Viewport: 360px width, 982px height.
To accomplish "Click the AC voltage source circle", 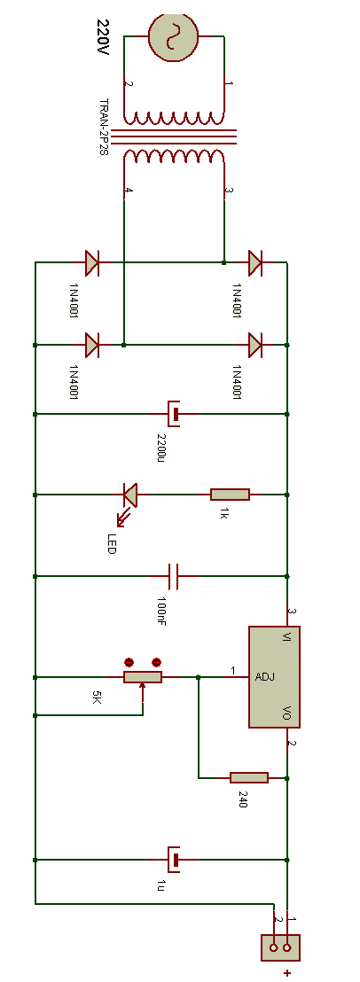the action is pos(174,37).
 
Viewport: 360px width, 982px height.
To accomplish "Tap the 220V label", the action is pos(103,35).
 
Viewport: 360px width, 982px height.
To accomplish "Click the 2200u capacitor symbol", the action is pos(174,414).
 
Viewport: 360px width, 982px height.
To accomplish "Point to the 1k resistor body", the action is pos(230,495).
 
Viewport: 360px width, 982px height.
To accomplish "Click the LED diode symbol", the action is pos(129,495).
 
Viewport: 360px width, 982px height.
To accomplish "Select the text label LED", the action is pos(112,543).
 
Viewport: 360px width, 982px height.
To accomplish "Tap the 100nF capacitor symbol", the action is pos(174,575).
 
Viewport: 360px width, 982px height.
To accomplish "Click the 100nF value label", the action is pos(160,612).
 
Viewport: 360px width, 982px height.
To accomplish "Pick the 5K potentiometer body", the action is pos(142,677).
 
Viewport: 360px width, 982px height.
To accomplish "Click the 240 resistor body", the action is pos(249,777).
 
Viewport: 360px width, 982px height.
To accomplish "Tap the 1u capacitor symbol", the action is pos(174,860).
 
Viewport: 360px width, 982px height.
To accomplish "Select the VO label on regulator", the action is pos(286,713).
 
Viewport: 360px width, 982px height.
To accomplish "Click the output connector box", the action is pos(280,947).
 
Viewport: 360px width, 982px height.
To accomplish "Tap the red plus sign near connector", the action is pos(287,972).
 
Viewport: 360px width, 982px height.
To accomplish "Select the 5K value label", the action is pos(96,697).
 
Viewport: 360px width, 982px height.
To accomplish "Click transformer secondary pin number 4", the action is pos(129,191).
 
